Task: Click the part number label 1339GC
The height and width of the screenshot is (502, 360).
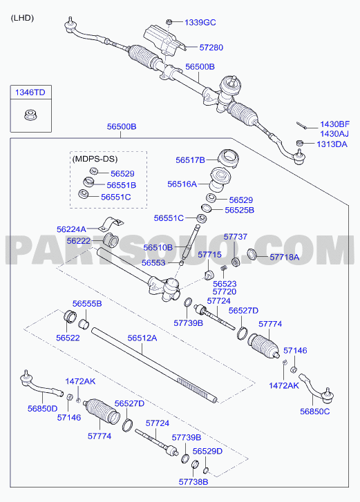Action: tap(200, 22)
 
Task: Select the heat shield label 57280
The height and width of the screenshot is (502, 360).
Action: tap(211, 48)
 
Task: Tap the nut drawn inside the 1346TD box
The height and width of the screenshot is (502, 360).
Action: tap(30, 115)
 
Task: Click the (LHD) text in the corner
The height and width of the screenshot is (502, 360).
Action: tap(22, 18)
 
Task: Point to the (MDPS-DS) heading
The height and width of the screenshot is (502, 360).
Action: tap(95, 159)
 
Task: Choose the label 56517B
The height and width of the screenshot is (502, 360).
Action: tap(190, 160)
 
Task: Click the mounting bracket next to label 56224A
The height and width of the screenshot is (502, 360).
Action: tap(111, 224)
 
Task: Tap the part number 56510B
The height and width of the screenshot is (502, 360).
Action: tap(158, 247)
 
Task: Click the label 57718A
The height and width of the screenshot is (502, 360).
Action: tap(285, 257)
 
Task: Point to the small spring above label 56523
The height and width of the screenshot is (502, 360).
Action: tap(225, 271)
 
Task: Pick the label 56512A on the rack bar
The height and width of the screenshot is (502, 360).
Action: tap(142, 338)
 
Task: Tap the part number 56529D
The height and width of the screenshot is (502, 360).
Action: tap(207, 451)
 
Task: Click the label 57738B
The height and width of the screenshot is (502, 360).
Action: tap(193, 481)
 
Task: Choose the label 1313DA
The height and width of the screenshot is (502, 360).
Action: tap(332, 144)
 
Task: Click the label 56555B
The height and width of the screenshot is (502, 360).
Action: tap(87, 304)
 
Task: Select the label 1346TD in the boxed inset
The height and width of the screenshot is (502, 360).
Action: tap(30, 93)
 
